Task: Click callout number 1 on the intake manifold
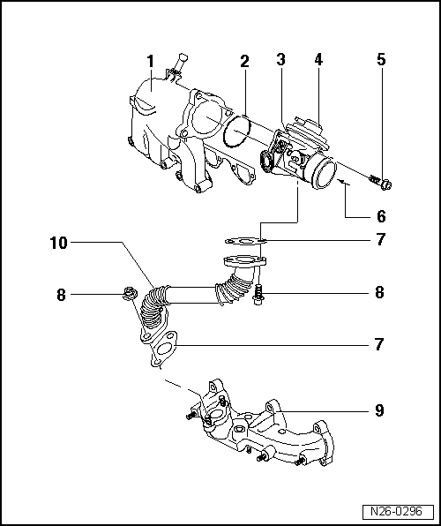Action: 151,61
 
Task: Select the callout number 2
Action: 244,61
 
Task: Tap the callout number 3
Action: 280,61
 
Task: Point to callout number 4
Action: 318,61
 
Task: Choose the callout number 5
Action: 380,61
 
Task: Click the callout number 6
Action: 380,215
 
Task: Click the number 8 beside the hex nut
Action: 62,295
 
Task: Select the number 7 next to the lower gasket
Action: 380,343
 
